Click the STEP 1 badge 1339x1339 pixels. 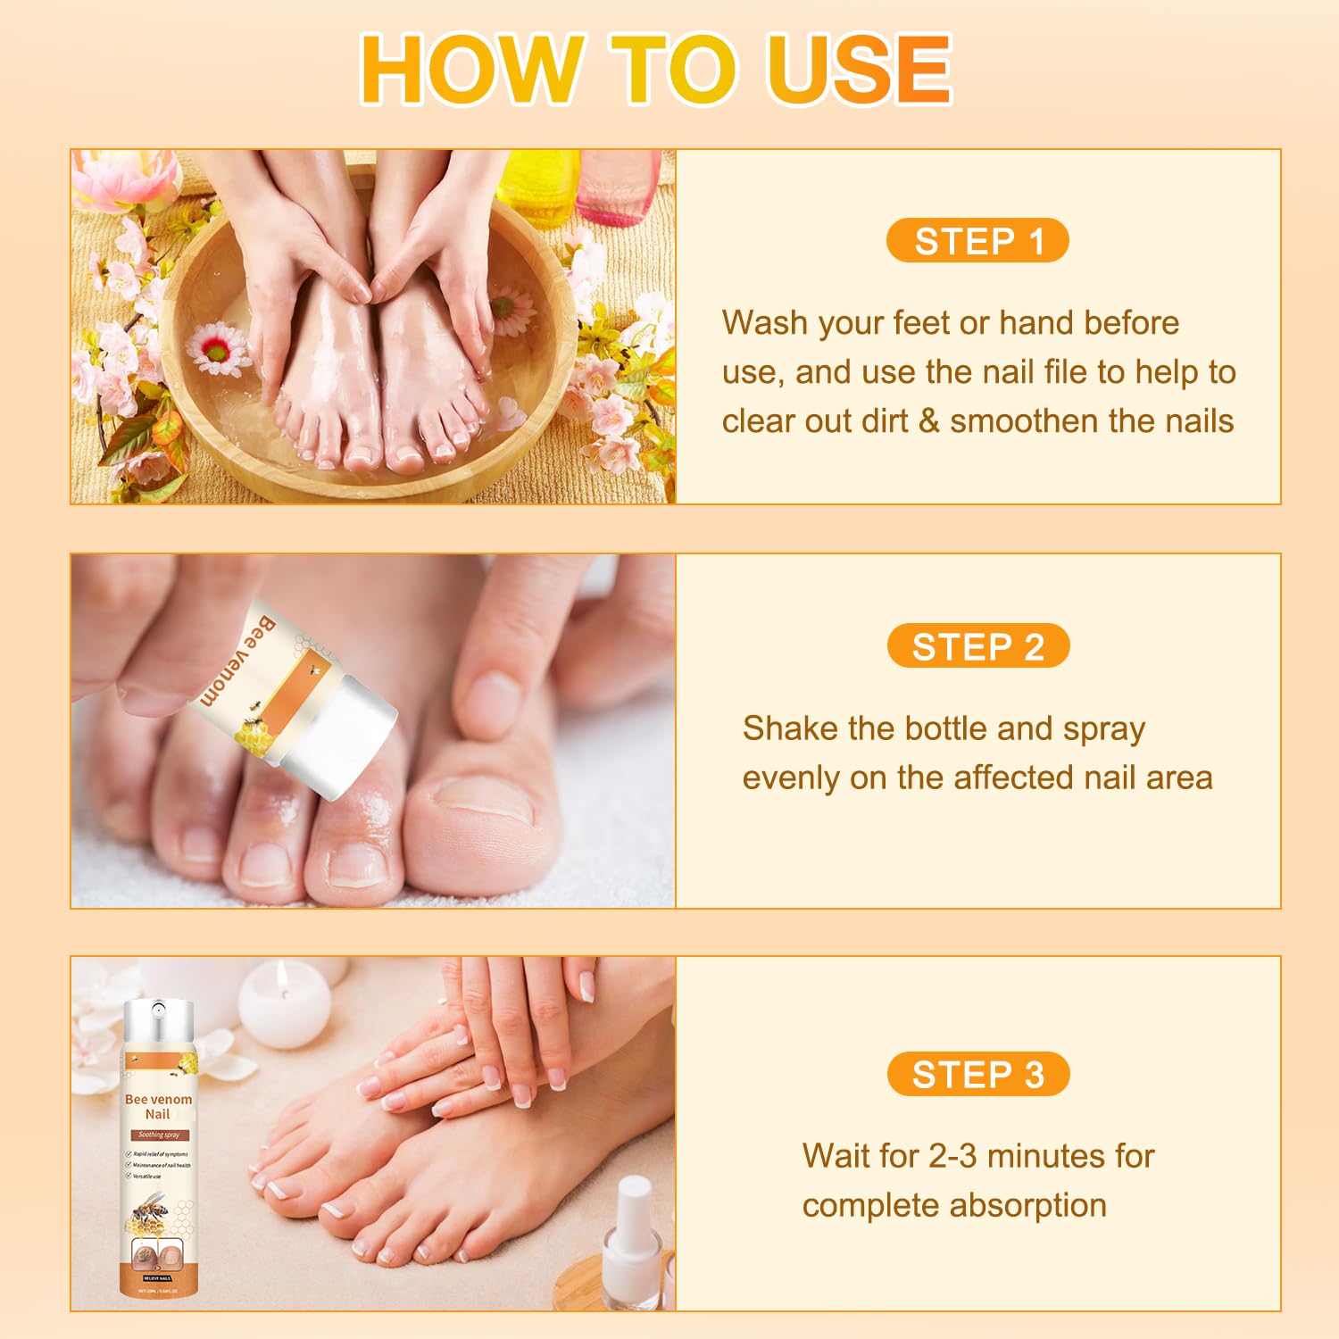pyautogui.click(x=977, y=241)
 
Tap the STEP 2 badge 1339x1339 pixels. pyautogui.click(x=978, y=646)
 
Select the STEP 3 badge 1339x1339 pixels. pyautogui.click(x=978, y=1075)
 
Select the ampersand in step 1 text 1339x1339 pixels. pyautogui.click(x=928, y=421)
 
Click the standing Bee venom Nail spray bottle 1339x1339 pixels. pyautogui.click(x=158, y=1152)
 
